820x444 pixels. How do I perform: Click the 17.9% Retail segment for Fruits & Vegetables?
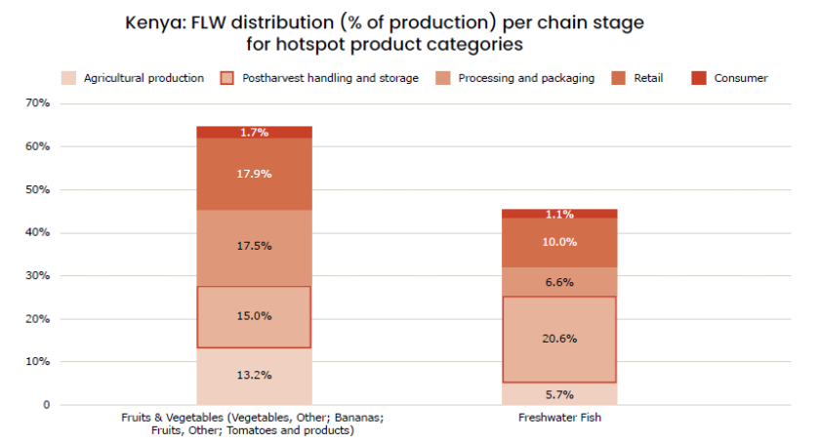tap(255, 174)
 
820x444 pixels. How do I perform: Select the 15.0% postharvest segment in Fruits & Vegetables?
tap(255, 316)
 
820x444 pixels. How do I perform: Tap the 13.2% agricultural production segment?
tap(255, 376)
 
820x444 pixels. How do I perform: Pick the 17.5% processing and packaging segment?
tap(255, 246)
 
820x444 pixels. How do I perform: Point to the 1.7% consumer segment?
tap(255, 132)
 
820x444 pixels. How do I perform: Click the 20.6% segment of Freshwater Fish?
tap(559, 339)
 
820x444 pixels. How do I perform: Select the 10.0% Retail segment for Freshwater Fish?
tap(559, 241)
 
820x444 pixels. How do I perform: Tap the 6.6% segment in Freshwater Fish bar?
tap(559, 282)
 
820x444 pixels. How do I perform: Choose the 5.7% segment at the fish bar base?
tap(559, 394)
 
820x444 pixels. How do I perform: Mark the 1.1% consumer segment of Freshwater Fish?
tap(559, 214)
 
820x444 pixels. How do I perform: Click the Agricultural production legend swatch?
tap(68, 78)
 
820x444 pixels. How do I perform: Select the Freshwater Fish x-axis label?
tap(559, 419)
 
